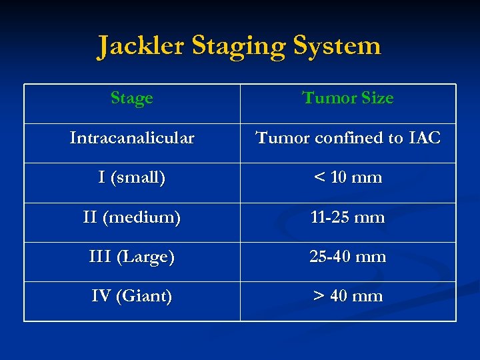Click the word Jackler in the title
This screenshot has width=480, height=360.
(141, 46)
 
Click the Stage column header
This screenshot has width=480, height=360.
(132, 99)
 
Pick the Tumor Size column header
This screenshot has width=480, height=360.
(348, 99)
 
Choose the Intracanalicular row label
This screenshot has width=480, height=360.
(132, 138)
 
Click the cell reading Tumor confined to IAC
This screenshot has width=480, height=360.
(348, 138)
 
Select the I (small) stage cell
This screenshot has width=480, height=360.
(132, 178)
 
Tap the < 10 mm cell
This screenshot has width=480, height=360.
(348, 178)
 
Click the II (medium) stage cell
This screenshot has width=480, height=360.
(132, 217)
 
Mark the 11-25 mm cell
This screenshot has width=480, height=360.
(348, 217)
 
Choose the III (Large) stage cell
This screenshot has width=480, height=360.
(132, 257)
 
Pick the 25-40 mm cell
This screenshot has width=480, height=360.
(348, 257)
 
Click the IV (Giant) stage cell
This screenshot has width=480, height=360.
(132, 296)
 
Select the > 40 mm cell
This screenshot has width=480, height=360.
(348, 296)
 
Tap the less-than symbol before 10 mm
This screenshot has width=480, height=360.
(321, 178)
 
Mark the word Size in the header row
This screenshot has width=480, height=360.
(377, 99)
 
